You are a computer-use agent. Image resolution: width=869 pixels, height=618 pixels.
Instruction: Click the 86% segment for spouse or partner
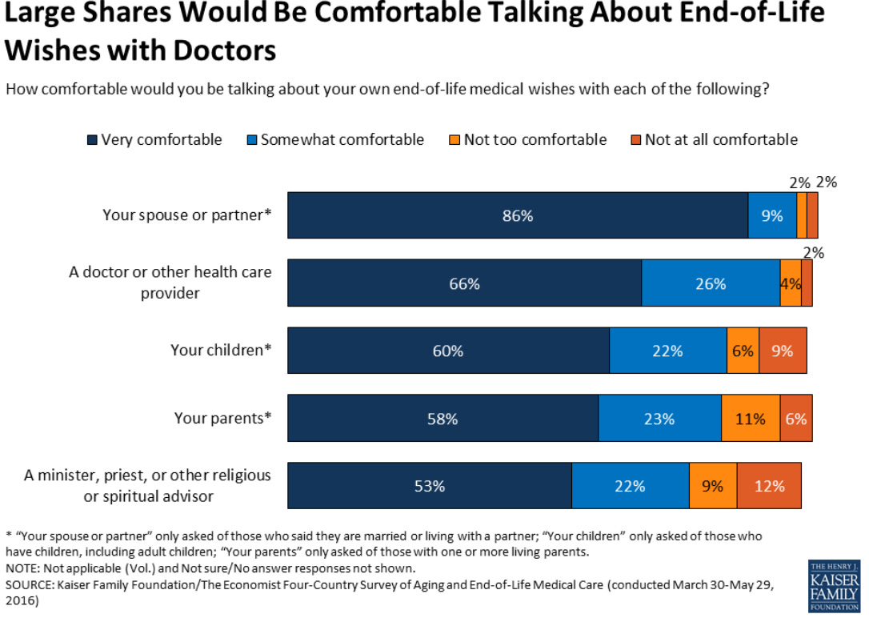pyautogui.click(x=518, y=215)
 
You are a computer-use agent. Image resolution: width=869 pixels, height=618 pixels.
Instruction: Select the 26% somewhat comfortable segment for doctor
pyautogui.click(x=711, y=283)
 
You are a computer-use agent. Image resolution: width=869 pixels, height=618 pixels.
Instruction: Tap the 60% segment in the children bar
pyautogui.click(x=448, y=351)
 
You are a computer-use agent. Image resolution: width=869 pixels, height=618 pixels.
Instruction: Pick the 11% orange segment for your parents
pyautogui.click(x=751, y=418)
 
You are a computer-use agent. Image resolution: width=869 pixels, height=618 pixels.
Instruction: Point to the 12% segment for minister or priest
pyautogui.click(x=769, y=486)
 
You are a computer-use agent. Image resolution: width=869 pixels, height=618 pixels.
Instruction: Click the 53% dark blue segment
pyautogui.click(x=430, y=486)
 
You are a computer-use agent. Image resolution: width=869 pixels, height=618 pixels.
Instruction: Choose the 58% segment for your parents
pyautogui.click(x=443, y=418)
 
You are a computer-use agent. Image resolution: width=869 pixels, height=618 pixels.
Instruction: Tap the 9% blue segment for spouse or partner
pyautogui.click(x=772, y=215)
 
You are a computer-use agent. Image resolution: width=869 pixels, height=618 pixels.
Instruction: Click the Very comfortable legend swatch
pyautogui.click(x=93, y=140)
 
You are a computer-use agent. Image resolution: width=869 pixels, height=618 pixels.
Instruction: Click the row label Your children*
pyautogui.click(x=221, y=351)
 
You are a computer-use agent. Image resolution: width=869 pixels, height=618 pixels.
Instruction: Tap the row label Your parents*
pyautogui.click(x=223, y=418)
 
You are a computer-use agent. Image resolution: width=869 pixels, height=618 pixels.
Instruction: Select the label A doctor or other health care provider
pyautogui.click(x=170, y=283)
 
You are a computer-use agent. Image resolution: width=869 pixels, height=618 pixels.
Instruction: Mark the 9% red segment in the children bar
pyautogui.click(x=783, y=351)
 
